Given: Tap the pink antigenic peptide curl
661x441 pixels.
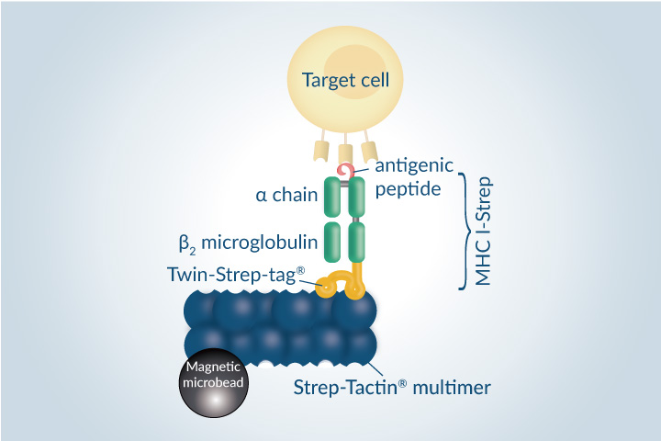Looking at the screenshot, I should (345, 171).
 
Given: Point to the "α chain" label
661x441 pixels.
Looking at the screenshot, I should (286, 195).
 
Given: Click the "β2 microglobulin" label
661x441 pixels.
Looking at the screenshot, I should (248, 243).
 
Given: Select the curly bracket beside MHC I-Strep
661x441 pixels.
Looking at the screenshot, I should (465, 229).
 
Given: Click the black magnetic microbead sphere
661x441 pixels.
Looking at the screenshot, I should (213, 385).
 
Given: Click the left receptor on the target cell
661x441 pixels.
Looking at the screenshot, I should (322, 152).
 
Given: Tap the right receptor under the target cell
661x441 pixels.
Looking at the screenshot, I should (369, 151).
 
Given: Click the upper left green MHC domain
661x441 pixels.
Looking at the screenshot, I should (332, 198).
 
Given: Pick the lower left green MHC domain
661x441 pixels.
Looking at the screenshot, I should (332, 243).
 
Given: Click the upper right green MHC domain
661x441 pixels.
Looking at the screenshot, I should (357, 198).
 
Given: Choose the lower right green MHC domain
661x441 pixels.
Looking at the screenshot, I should (357, 243).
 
